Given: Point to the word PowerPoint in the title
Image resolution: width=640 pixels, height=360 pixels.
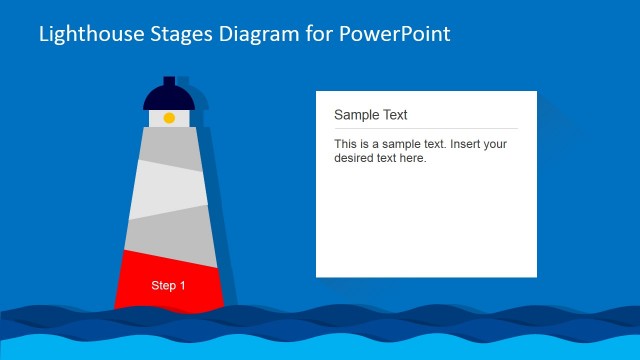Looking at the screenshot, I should tap(395, 34).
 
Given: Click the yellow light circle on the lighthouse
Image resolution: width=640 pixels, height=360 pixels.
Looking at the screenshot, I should tap(169, 118).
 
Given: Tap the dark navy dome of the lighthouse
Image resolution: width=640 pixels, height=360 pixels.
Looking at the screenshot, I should tap(168, 97).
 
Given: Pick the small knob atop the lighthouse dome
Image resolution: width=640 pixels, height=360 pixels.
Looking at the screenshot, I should tap(169, 80).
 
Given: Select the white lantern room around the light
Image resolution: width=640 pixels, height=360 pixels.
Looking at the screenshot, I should tap(156, 118).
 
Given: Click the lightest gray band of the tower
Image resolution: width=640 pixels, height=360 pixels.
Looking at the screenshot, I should tap(168, 190).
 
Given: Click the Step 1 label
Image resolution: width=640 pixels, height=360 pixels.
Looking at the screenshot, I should tap(168, 286).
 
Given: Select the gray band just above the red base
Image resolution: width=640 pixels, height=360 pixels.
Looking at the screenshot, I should tap(168, 235).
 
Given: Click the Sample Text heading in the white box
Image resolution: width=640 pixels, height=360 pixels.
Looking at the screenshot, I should tap(370, 115).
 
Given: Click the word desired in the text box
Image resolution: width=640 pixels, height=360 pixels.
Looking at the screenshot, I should tap(355, 158).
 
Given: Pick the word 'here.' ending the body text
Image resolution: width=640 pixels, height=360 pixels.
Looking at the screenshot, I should tap(412, 158).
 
